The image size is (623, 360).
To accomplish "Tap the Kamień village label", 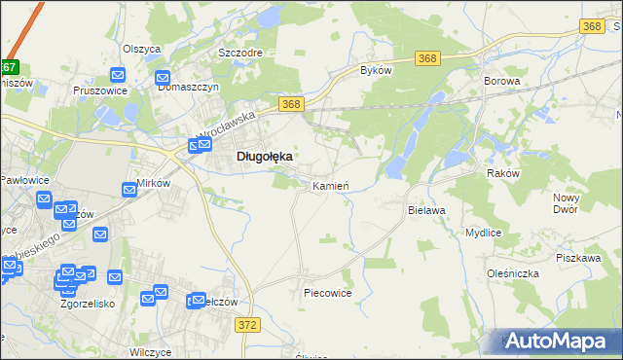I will [330, 185].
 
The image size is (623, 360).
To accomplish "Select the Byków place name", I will [376, 70].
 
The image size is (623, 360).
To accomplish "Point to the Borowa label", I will [500, 82].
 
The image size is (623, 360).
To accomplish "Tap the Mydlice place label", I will [483, 234].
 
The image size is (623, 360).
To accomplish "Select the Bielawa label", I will [426, 209].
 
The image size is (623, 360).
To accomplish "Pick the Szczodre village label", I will [240, 54].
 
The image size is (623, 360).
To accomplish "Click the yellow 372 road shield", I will [248, 325].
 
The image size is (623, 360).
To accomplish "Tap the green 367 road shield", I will [9, 68].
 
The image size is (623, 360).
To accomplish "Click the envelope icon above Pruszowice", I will [118, 74].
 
